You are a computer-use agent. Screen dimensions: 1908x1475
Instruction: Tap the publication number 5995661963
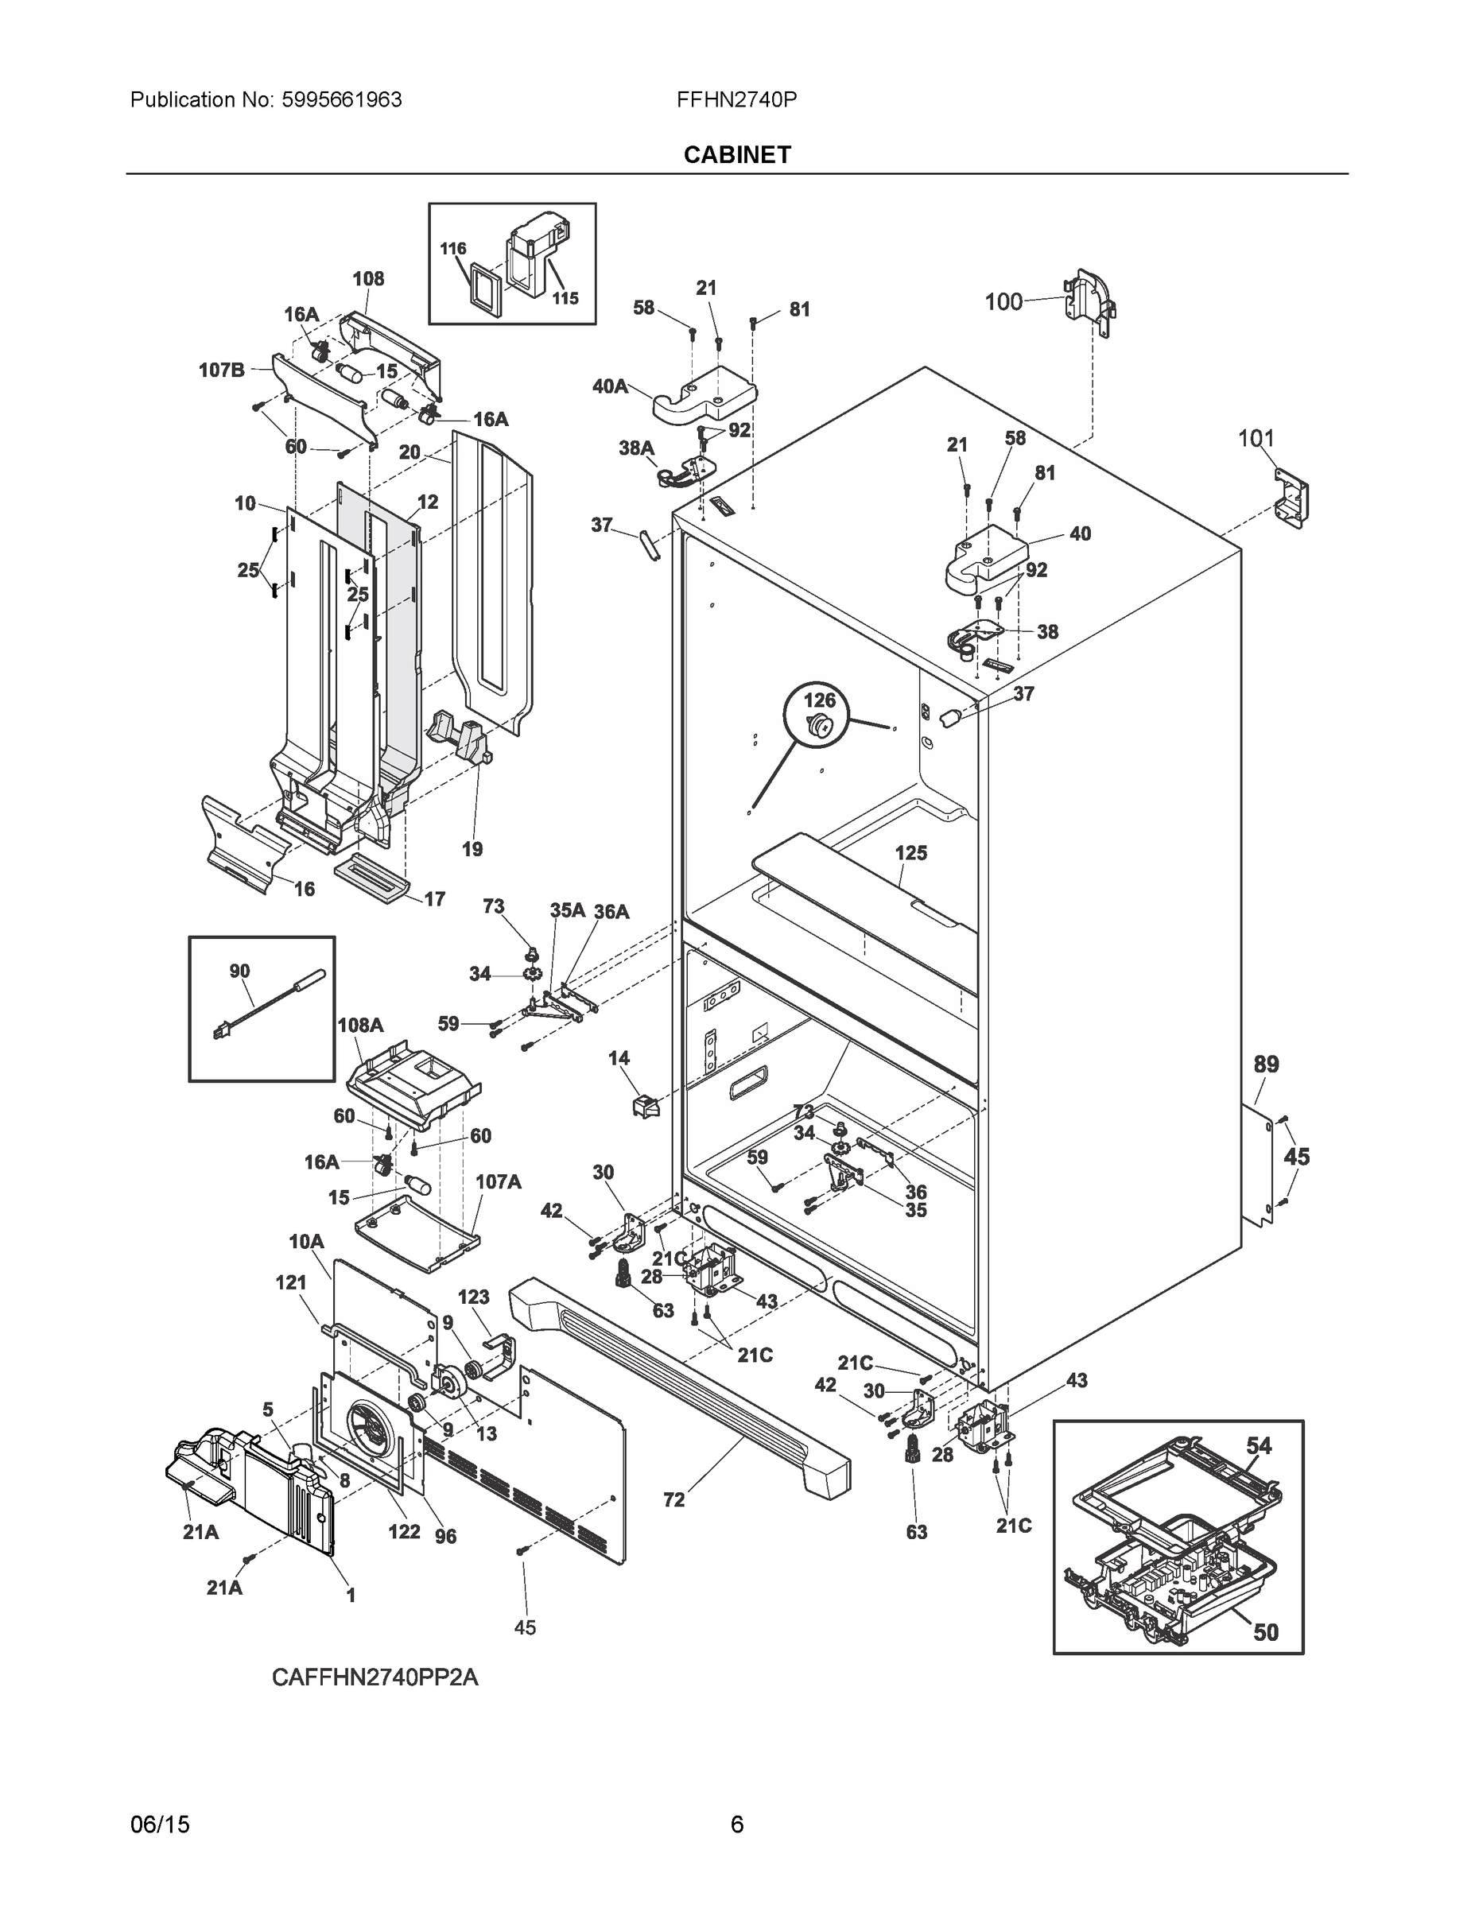[342, 99]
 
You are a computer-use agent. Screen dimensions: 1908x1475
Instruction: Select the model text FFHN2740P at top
[736, 99]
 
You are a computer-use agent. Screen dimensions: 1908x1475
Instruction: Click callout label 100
[1003, 301]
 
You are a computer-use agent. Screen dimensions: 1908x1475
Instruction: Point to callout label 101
[1256, 438]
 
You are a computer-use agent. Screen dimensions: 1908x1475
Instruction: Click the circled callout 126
[820, 700]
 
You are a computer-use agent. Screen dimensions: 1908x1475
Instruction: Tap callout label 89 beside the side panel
[1265, 1064]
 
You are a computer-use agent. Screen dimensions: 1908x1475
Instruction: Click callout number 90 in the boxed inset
[239, 971]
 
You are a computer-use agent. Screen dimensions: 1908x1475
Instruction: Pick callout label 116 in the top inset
[452, 249]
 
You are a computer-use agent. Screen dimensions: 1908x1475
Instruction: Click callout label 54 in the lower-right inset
[1258, 1446]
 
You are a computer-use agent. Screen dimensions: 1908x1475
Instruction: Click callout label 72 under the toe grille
[673, 1500]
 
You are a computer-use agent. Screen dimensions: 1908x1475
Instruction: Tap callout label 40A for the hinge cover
[610, 386]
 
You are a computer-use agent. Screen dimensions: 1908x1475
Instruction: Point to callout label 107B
[221, 370]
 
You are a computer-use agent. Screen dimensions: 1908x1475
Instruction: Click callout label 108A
[360, 1025]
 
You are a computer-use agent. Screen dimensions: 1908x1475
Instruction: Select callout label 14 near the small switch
[619, 1058]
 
